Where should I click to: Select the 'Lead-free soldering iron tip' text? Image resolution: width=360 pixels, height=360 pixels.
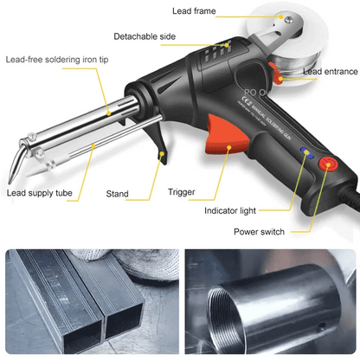(x=56, y=60)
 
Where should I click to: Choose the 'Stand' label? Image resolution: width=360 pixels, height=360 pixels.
(x=118, y=193)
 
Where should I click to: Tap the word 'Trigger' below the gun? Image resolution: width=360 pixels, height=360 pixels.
(x=182, y=192)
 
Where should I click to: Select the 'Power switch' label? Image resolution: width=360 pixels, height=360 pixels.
(x=260, y=231)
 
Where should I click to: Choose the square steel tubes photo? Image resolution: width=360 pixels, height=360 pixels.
(x=90, y=303)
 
